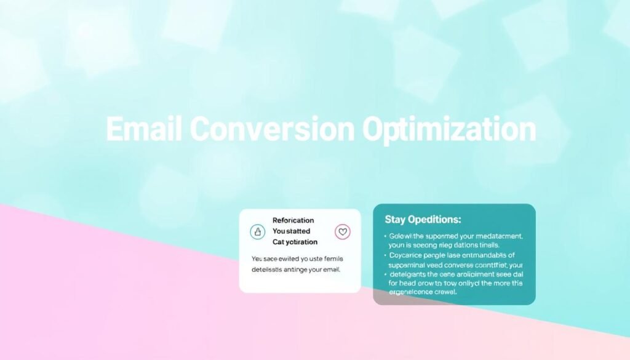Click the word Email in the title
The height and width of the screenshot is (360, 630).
(x=144, y=130)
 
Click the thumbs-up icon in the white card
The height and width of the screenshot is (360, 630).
(x=258, y=232)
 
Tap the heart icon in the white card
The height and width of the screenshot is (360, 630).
(x=342, y=232)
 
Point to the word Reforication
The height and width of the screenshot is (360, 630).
(x=293, y=220)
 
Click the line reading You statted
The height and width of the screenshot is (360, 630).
(x=291, y=231)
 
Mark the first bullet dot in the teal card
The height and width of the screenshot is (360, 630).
(x=385, y=236)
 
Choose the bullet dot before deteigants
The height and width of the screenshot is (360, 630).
(x=385, y=274)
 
